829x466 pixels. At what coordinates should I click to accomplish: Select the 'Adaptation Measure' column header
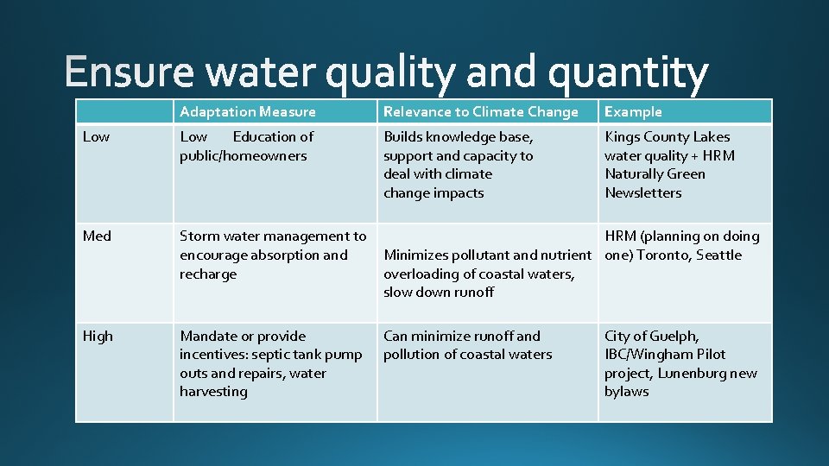point(248,111)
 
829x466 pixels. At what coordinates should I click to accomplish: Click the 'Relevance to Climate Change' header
point(481,111)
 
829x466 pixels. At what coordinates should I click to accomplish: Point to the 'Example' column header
point(633,111)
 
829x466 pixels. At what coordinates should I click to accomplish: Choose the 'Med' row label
point(97,236)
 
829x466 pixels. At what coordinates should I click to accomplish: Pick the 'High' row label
point(98,336)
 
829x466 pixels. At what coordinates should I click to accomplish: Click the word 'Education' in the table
point(273,136)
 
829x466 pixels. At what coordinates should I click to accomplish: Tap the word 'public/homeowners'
point(244,156)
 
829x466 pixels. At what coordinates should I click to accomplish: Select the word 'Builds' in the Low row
point(403,136)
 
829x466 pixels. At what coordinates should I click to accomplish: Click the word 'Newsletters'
point(643,192)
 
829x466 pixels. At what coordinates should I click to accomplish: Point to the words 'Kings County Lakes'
point(668,136)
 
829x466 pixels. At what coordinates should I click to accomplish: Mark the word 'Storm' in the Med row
point(198,236)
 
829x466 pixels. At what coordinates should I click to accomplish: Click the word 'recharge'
point(208,274)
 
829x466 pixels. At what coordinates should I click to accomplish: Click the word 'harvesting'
point(213,392)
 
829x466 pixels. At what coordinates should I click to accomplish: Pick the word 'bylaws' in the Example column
point(627,392)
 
